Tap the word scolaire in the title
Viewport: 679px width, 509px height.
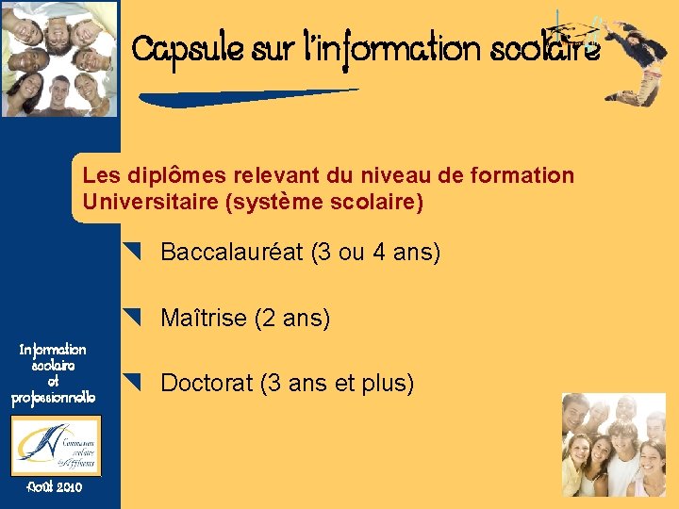pos(545,48)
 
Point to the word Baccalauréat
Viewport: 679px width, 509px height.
pos(231,253)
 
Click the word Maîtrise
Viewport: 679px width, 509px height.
pos(205,319)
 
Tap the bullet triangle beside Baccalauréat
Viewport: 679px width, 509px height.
pos(132,252)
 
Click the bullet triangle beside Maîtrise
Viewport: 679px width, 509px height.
pos(132,318)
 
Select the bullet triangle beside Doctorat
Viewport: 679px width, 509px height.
pos(132,383)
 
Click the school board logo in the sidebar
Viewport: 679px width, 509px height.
pos(56,445)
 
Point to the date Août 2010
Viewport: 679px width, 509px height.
pos(55,487)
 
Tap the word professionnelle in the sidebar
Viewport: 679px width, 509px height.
pos(53,399)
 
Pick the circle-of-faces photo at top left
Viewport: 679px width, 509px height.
pos(59,58)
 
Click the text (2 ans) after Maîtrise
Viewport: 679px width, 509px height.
pos(292,319)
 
